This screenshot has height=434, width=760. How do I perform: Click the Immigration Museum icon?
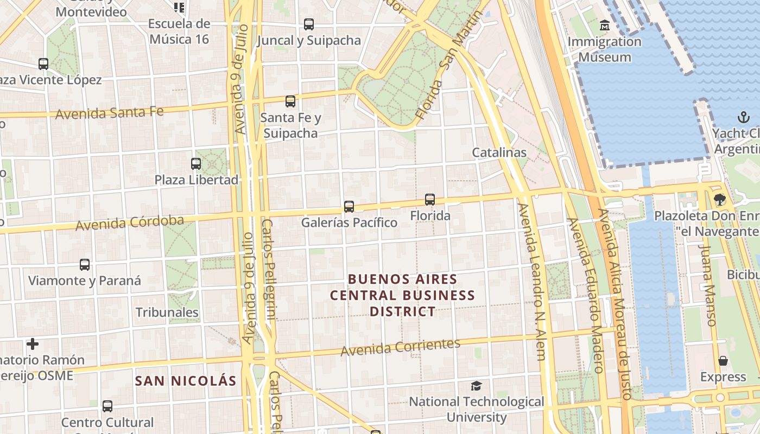pos(604,25)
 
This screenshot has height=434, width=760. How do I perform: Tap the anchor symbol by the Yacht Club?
pos(743,117)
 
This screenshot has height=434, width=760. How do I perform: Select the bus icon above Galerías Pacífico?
pos(349,207)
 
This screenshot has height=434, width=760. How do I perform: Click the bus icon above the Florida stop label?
pos(430,200)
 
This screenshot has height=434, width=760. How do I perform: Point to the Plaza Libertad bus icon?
pos(196,163)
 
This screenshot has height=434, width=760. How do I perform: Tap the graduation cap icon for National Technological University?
pos(476,386)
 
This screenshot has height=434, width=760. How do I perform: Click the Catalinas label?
pos(499,152)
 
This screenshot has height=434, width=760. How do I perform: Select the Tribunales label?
pos(167,312)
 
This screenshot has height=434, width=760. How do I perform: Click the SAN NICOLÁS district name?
pos(186,381)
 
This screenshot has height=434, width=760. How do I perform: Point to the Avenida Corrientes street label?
pos(401,347)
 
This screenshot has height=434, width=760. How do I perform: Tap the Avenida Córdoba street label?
pos(130,222)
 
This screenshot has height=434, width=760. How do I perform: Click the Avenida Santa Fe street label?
pos(109,113)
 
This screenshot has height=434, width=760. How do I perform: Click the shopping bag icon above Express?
pos(723,361)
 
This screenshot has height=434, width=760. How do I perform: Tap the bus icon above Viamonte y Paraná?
pos(85,265)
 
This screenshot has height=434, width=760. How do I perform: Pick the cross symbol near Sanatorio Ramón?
pos(33,344)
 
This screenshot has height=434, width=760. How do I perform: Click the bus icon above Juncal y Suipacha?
pos(309,24)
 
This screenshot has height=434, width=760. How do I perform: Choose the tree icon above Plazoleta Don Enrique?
pos(720,200)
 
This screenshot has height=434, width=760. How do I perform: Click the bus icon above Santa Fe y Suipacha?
pos(290,101)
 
